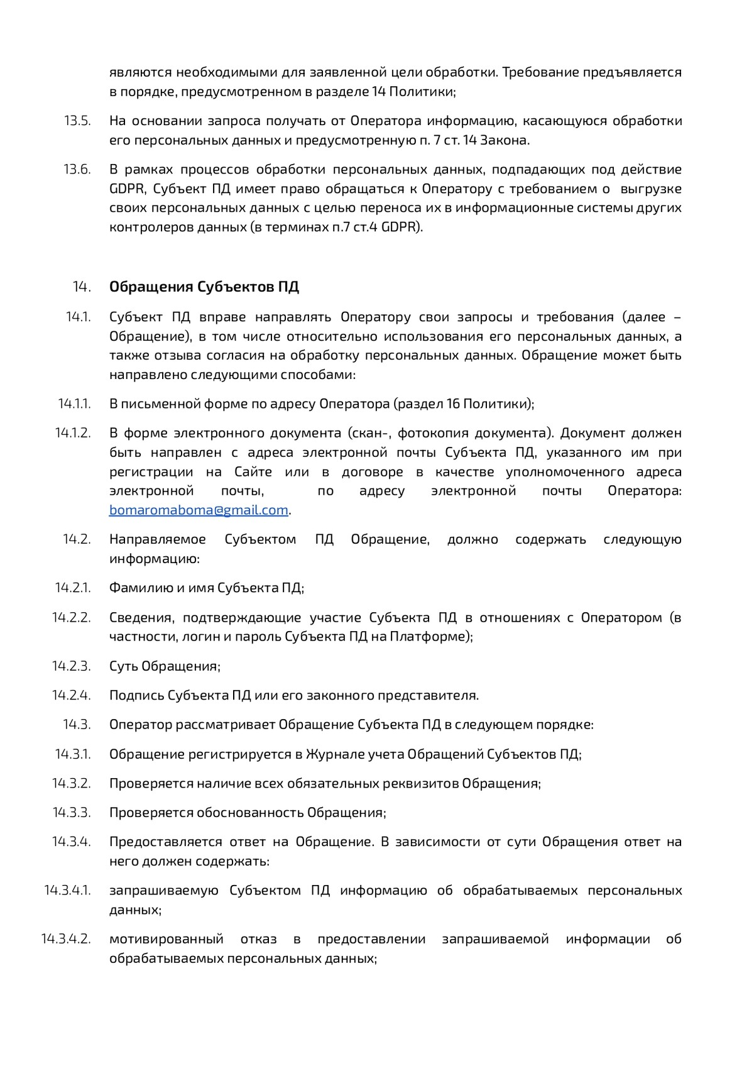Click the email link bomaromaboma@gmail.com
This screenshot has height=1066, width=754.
click(199, 510)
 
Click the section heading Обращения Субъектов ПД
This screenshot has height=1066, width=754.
click(204, 287)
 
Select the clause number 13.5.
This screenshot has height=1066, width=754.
click(77, 121)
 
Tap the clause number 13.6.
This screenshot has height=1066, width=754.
click(77, 169)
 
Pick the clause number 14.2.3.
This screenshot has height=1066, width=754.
click(71, 666)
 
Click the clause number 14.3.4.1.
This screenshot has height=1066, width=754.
click(67, 890)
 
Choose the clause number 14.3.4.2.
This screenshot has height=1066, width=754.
click(66, 938)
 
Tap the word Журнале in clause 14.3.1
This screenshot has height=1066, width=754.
click(330, 754)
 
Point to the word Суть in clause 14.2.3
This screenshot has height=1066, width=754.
click(123, 666)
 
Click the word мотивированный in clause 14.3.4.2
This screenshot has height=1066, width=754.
click(167, 938)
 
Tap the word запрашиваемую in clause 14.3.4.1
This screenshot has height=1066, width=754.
click(164, 890)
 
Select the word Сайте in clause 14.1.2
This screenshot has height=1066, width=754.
click(253, 471)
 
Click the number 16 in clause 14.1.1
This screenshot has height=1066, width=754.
click(453, 404)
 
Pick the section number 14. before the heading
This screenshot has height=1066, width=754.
click(82, 287)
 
